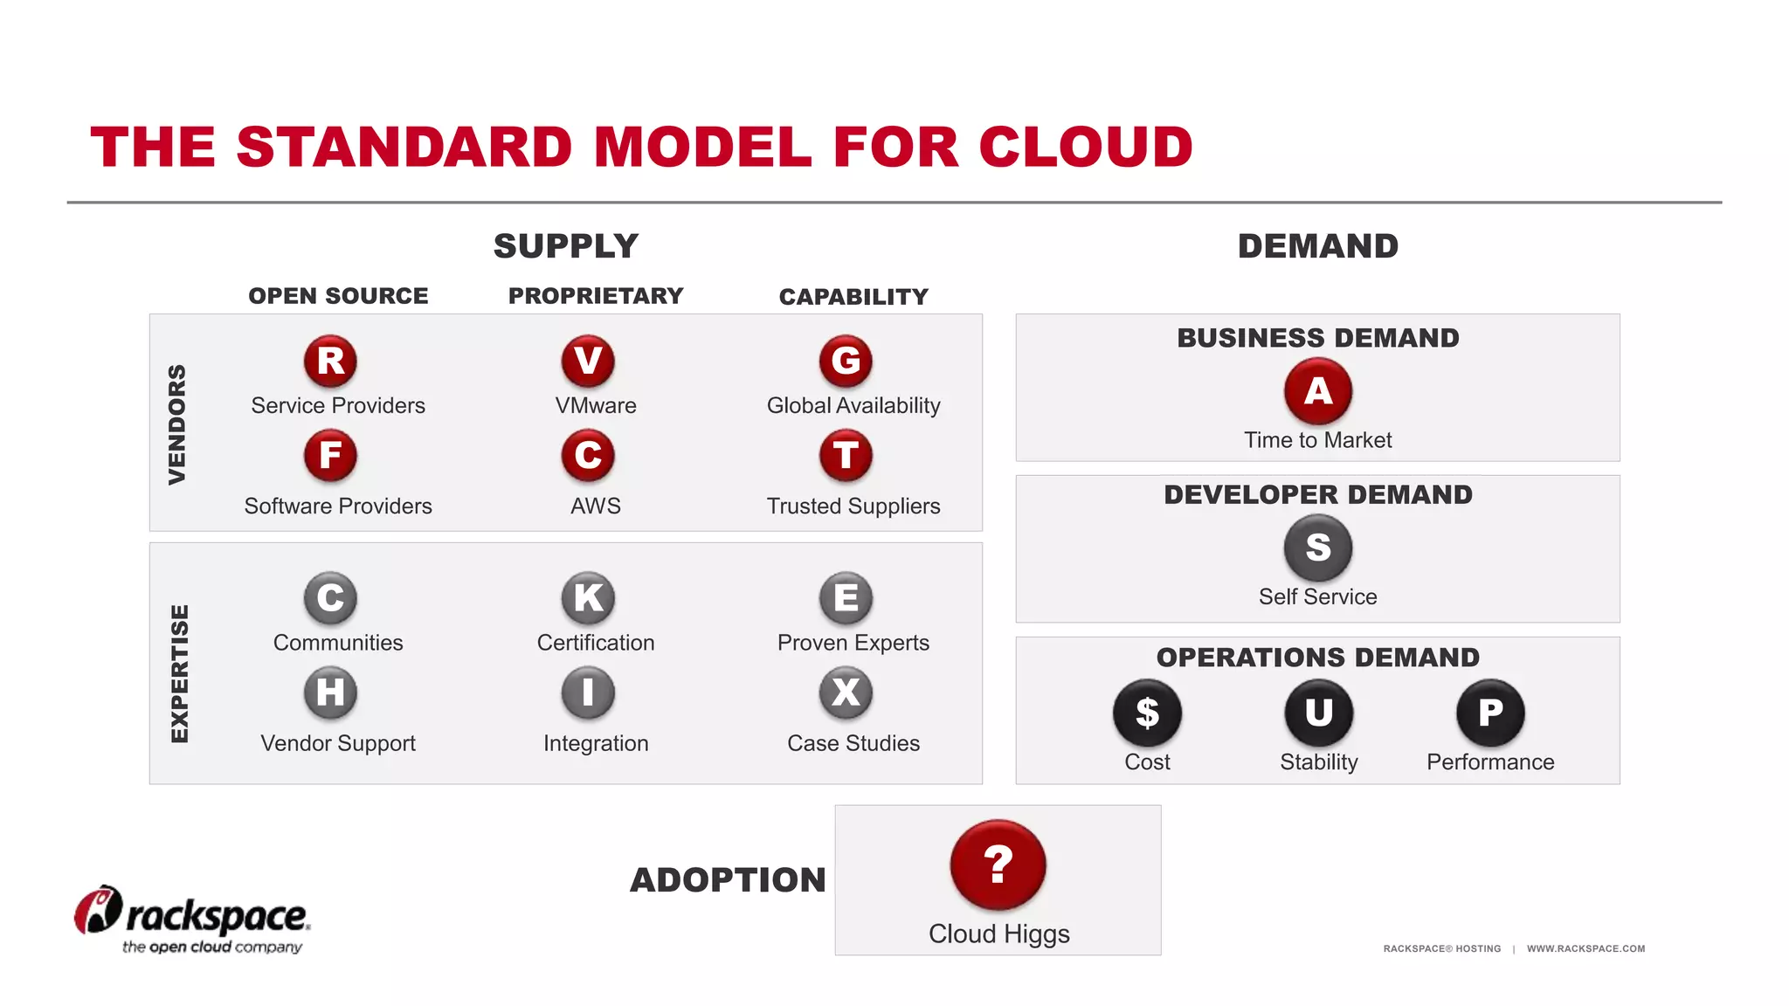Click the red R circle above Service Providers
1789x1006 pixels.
click(330, 361)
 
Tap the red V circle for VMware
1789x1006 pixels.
click(588, 361)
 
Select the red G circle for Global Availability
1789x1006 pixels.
click(846, 361)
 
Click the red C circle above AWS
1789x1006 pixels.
click(588, 455)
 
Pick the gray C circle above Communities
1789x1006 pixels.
click(330, 598)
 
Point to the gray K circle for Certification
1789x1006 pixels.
click(588, 598)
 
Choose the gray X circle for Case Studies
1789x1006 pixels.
click(846, 692)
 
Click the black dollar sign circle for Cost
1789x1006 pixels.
click(1147, 713)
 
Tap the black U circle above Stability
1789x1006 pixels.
click(1318, 713)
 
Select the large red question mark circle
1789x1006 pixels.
click(998, 865)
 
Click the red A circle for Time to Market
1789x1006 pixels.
click(1318, 391)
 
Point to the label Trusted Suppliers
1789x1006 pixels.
click(853, 506)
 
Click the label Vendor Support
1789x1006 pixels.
click(338, 743)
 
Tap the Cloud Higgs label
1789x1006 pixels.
click(998, 934)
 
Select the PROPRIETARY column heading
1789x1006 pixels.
click(596, 296)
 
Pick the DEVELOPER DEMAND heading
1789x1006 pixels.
click(1318, 495)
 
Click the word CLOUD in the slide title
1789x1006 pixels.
click(1086, 147)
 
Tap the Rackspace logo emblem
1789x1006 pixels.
click(97, 910)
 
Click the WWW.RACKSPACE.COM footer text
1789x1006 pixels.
click(1585, 948)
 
